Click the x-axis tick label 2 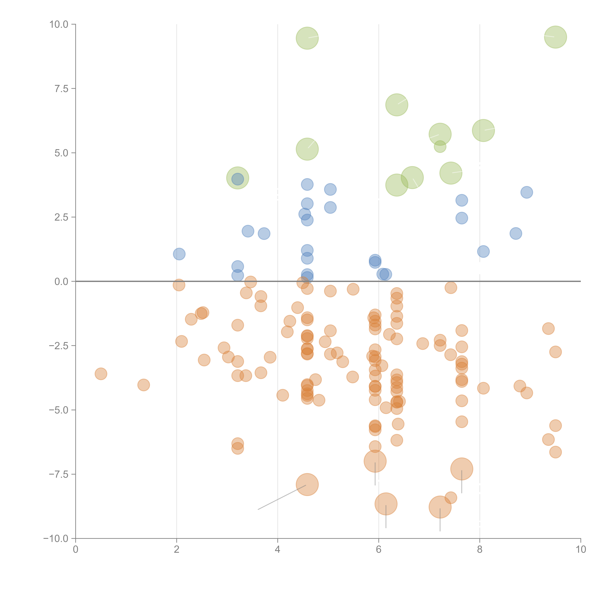click(177, 550)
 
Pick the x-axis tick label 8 click(480, 550)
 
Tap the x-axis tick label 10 click(581, 550)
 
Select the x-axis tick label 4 click(277, 550)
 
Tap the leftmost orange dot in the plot click(101, 374)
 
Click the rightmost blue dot click(527, 192)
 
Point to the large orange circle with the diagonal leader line click(307, 484)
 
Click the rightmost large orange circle click(462, 469)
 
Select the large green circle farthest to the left click(238, 178)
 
